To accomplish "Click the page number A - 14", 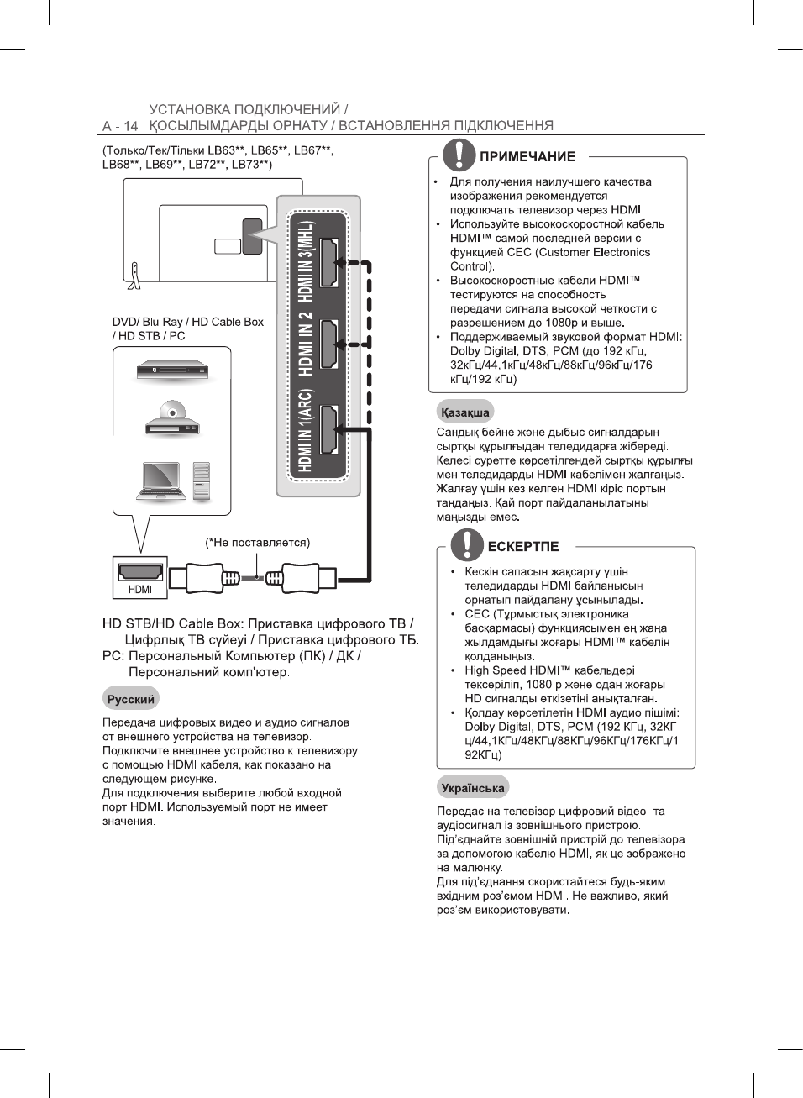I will click(x=119, y=126).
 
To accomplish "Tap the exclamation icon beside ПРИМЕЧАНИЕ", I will click(x=459, y=155).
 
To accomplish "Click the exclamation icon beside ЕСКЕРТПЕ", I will click(x=467, y=544).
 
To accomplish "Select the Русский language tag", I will click(x=130, y=699).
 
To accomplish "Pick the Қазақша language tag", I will click(x=464, y=412).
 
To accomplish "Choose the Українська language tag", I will click(x=472, y=788).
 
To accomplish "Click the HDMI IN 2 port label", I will click(x=306, y=344).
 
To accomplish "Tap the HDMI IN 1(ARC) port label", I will click(x=306, y=430).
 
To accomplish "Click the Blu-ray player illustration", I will click(x=172, y=370).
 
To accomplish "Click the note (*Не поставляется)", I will click(x=257, y=543).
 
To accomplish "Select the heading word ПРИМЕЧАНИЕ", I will click(x=527, y=157).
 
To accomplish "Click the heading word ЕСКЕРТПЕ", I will click(x=522, y=547).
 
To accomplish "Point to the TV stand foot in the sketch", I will click(x=133, y=276).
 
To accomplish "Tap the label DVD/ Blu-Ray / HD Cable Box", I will click(x=187, y=322).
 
